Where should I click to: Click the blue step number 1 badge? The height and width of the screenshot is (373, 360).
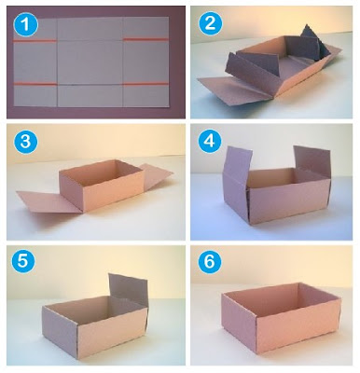tap(26, 24)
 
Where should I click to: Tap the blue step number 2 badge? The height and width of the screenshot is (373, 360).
tap(210, 23)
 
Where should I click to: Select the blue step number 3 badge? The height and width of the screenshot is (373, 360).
tap(25, 142)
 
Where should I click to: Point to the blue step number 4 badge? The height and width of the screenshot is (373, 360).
tap(210, 141)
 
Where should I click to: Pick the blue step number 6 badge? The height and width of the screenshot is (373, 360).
tap(209, 261)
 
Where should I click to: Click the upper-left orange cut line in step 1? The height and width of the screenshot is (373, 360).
tap(35, 41)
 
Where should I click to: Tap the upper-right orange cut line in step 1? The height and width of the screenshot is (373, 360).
tap(145, 39)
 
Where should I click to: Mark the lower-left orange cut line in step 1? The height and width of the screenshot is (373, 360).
tap(35, 84)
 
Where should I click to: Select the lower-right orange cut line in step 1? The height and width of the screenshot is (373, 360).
tap(145, 84)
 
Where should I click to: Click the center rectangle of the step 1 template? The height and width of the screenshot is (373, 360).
tap(90, 62)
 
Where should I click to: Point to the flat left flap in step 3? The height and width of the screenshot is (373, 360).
tap(49, 201)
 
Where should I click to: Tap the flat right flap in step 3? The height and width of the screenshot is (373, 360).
tap(156, 173)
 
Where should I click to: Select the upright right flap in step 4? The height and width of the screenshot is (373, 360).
tap(312, 162)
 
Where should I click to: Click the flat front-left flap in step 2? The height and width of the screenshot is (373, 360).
tap(235, 89)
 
